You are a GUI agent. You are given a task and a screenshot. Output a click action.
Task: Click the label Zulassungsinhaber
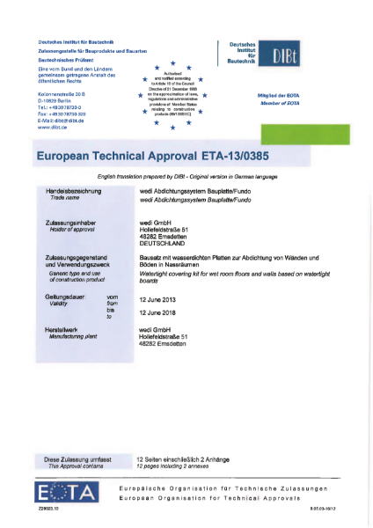(x=68, y=223)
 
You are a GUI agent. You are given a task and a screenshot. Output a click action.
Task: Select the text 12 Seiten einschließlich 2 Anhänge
(x=180, y=459)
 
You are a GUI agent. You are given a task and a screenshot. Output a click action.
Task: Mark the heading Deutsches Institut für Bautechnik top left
(x=77, y=41)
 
